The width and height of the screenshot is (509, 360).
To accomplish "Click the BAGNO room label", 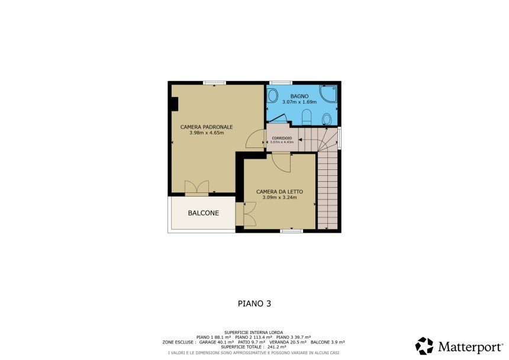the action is pos(299,96).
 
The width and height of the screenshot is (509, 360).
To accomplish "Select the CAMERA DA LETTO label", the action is pos(279,191).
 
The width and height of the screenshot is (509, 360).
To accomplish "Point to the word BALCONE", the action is pos(204,213).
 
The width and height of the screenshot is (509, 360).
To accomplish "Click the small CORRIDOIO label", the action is pos(282,139).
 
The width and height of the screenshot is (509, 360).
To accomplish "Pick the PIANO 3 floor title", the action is pos(254,304).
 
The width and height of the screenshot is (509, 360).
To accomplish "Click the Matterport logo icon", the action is pos(424,346).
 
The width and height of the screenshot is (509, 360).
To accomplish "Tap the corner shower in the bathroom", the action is pos(328,94).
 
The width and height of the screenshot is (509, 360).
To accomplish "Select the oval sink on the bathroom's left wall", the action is pos(273,95).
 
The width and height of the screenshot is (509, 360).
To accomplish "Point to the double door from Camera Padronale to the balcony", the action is pos(196,188).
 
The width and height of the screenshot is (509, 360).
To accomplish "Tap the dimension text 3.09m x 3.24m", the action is pos(279,197).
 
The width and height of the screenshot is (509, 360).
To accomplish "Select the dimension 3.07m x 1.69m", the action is pos(299,102).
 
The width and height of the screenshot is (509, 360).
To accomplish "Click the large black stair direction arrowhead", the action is pos(300,140).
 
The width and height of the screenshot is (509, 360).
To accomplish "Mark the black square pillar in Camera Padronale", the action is pos(175,104).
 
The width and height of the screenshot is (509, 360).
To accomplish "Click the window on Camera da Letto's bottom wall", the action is pos(292,231).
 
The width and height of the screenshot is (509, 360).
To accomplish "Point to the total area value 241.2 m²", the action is pos(276,347).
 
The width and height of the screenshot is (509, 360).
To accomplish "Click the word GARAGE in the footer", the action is pos(207,342).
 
